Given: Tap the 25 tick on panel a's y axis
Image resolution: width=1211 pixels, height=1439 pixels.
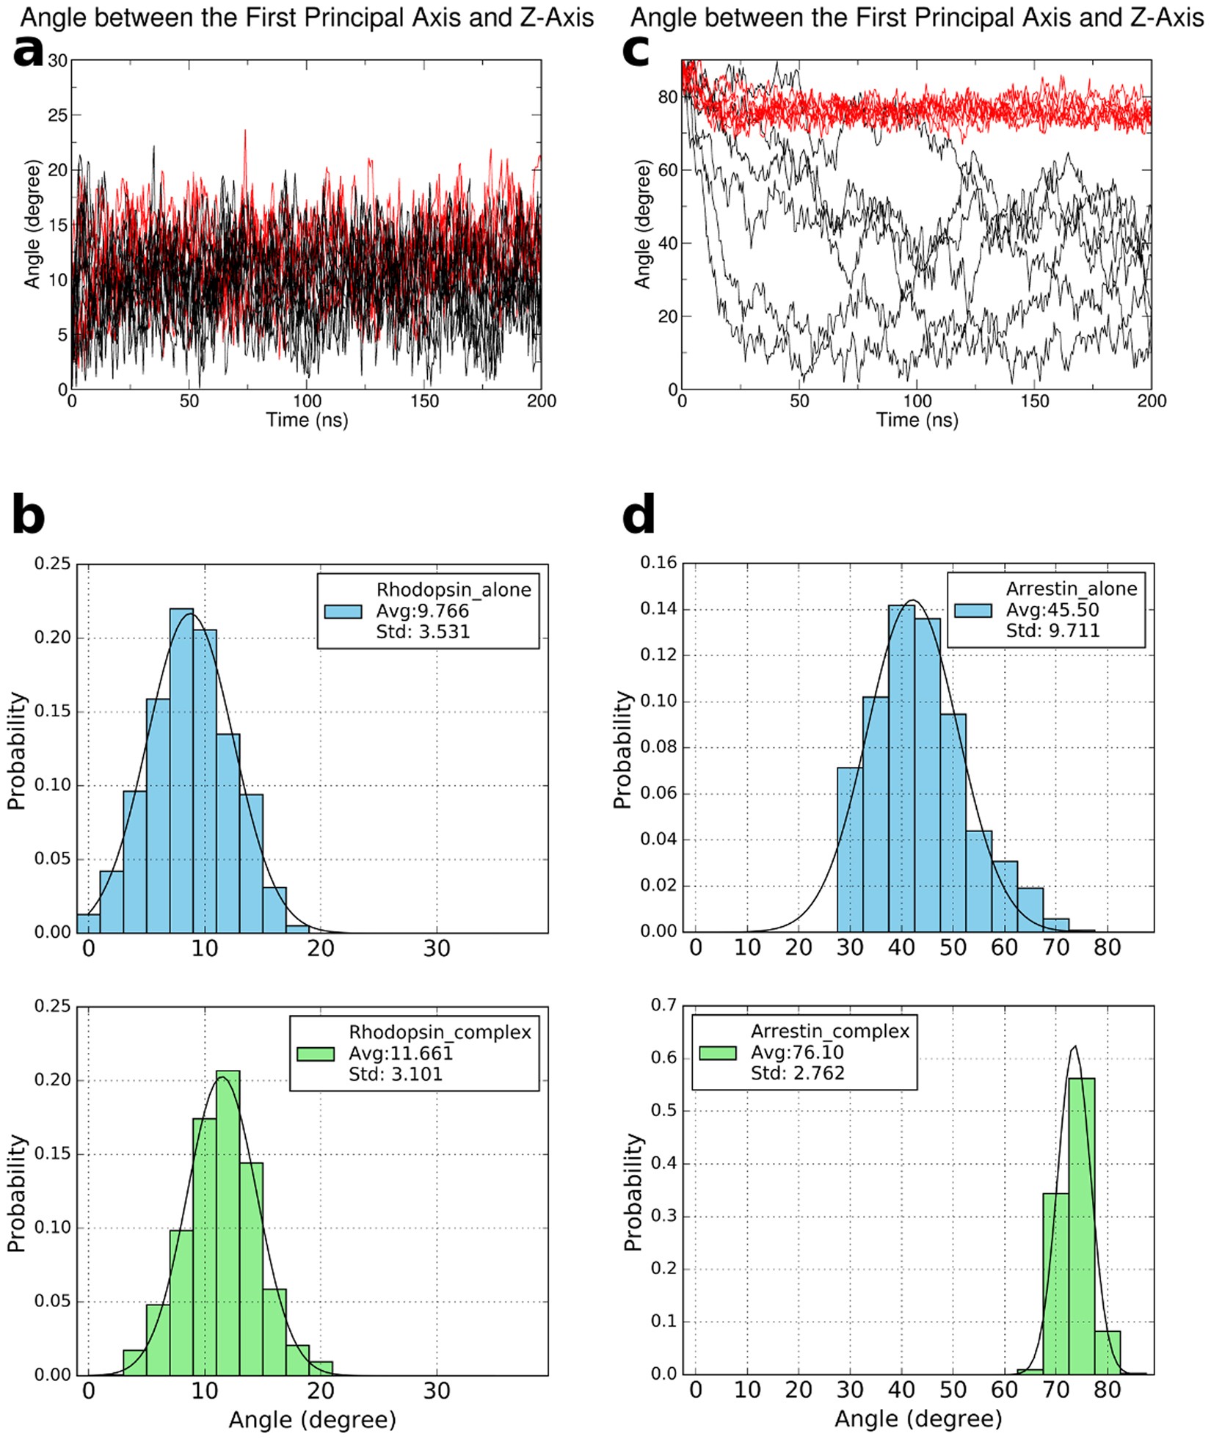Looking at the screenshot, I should (x=58, y=115).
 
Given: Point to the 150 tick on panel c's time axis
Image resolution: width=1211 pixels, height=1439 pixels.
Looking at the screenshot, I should (x=1034, y=401).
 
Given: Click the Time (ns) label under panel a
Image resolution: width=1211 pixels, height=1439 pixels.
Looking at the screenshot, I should (x=307, y=420).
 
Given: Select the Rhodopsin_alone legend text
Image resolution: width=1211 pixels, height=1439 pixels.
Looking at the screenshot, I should (x=454, y=590).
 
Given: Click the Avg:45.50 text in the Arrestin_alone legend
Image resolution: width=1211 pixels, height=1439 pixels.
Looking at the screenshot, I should (x=1052, y=610).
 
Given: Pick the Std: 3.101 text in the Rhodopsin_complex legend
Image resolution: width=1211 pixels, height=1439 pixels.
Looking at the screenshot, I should (x=396, y=1074).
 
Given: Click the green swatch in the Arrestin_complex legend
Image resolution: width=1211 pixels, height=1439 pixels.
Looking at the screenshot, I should (x=717, y=1053).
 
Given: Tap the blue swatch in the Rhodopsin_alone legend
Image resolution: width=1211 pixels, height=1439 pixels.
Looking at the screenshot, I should (x=343, y=611).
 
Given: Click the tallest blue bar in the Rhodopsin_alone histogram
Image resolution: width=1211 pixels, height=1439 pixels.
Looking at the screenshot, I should (x=181, y=770).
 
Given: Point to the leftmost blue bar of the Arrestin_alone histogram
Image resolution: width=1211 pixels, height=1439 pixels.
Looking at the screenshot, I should (x=849, y=849).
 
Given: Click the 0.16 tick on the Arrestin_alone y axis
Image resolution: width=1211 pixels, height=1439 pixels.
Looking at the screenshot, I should (x=658, y=563).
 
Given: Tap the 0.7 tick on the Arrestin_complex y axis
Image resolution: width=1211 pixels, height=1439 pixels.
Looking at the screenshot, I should (x=664, y=1005).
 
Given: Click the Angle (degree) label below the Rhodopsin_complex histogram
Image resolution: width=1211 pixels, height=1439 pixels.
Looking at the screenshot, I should (x=312, y=1419).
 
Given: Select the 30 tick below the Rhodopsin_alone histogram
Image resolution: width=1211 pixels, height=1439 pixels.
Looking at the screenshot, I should (x=436, y=949).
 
